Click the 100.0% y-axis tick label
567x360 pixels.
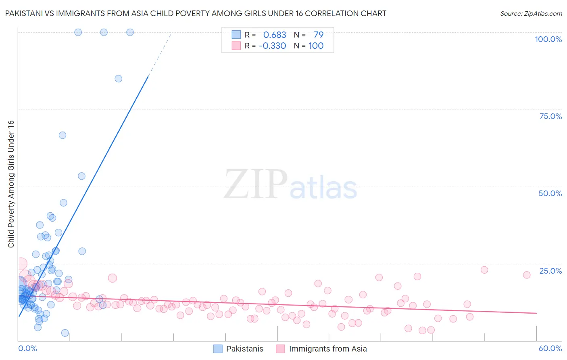(548, 39)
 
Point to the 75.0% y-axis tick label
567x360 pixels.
(550, 116)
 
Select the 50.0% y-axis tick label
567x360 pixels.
(550, 193)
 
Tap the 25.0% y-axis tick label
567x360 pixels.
(550, 271)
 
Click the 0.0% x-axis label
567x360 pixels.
(27, 348)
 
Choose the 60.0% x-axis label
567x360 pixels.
(550, 348)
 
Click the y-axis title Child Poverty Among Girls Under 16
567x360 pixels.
(11, 184)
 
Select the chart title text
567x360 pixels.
(196, 13)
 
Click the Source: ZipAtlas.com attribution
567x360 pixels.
(531, 13)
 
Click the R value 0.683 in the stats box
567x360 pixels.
(275, 35)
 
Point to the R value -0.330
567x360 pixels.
(272, 46)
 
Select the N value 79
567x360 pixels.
(319, 35)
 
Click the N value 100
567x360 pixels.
(316, 46)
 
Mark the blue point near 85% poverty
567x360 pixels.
(119, 79)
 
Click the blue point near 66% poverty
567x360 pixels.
(63, 135)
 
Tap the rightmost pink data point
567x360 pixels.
(527, 275)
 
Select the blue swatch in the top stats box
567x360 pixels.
(236, 35)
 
